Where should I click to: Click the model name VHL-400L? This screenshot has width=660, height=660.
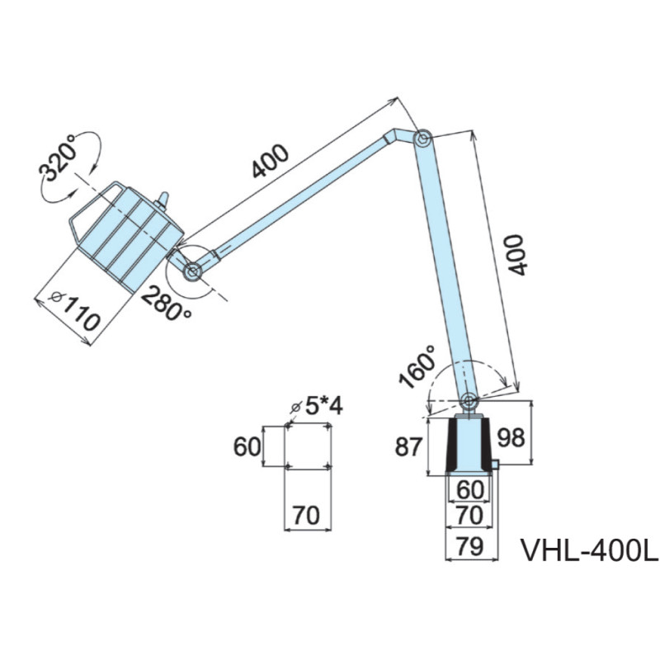[590, 549]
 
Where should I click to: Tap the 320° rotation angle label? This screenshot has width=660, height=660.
[58, 158]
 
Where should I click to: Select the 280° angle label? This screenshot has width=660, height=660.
[166, 304]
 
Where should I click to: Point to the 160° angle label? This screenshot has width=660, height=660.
[417, 366]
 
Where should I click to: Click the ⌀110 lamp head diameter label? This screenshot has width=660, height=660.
[75, 312]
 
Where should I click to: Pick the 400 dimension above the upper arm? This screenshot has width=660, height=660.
[271, 161]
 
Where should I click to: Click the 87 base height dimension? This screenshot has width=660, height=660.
[408, 446]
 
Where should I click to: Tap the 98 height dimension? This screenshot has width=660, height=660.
[511, 437]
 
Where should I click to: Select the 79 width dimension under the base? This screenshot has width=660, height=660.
[469, 546]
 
